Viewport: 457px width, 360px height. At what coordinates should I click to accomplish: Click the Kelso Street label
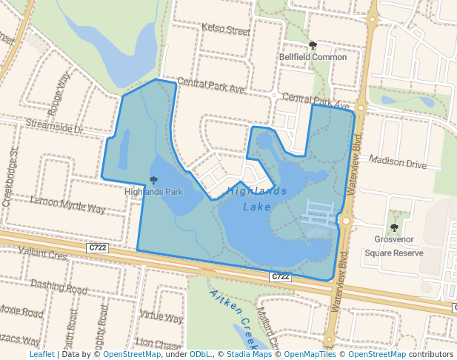point(226,30)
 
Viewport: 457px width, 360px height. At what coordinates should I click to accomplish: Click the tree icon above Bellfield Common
point(313,45)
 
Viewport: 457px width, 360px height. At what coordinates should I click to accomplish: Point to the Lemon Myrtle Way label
point(68,204)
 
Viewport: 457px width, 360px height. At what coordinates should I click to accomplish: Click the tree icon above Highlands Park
point(153,180)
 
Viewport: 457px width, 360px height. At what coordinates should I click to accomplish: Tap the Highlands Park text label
point(153,192)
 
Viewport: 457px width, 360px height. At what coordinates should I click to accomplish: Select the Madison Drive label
point(398,163)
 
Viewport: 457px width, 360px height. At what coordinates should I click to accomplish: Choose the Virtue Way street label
point(161,318)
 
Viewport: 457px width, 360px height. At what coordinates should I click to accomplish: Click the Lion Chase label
point(159,344)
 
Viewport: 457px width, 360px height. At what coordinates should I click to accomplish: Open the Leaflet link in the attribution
point(41,354)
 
